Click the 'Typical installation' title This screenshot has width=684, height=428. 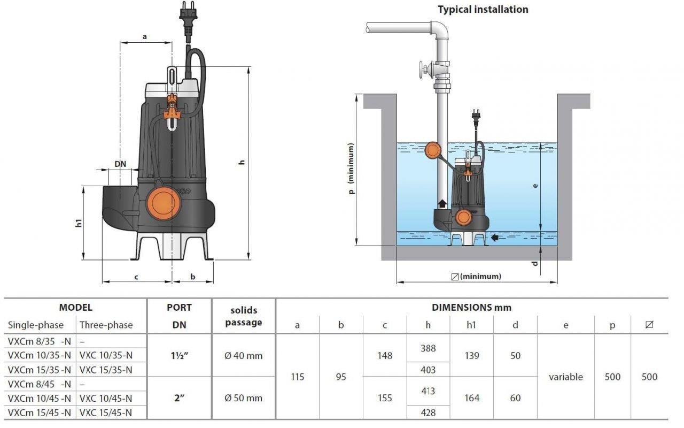pos(483,10)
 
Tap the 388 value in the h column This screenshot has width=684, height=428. pos(428,348)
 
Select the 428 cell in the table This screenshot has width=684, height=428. pos(428,412)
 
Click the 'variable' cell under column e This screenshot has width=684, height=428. pos(565,377)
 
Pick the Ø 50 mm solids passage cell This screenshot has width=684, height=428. pos(244,398)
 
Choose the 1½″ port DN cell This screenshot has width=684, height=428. pos(179,355)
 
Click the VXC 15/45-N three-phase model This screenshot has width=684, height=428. pos(106,412)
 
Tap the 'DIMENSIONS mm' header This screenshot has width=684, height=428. pos(471,308)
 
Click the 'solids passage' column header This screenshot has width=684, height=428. pos(244,316)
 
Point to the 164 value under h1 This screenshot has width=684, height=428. pos(472,398)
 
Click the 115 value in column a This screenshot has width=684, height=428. pos(298,377)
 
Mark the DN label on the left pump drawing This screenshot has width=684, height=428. pos(120,164)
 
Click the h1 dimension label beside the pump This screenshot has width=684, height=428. pos(79,223)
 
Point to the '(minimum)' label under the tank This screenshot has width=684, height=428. pos(480,277)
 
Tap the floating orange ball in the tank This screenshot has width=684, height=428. pos(432,150)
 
